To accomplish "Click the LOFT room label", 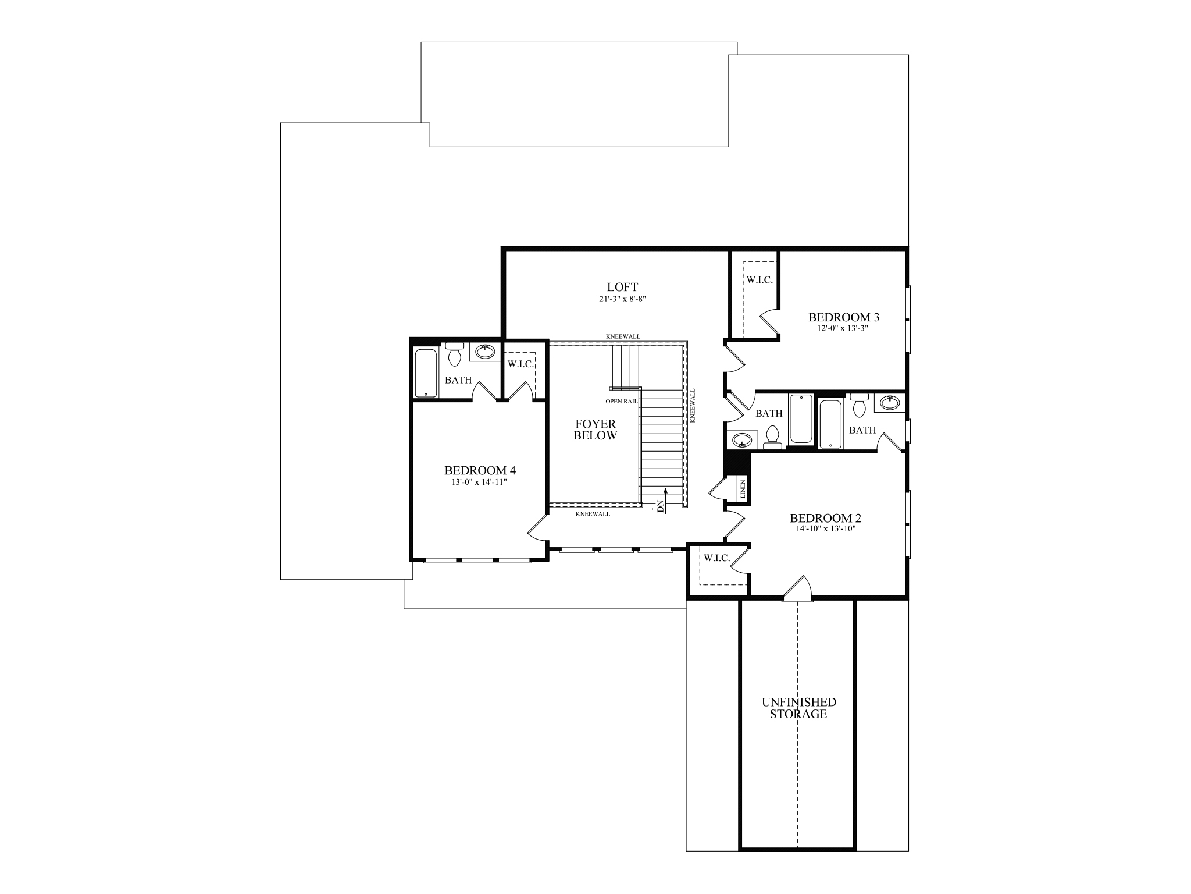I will click(622, 287).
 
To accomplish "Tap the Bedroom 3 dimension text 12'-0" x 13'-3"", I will click(843, 328).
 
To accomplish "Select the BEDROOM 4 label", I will click(480, 470).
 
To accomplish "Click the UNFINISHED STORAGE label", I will click(798, 708).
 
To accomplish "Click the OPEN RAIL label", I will click(622, 401).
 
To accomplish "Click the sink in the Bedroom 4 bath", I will click(485, 352).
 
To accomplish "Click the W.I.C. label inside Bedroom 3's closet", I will click(759, 280).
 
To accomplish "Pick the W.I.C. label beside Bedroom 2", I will click(716, 558).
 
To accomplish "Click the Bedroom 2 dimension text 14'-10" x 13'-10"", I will click(825, 529).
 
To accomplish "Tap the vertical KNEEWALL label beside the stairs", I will click(693, 406).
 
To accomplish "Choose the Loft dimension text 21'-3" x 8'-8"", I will click(622, 299).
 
